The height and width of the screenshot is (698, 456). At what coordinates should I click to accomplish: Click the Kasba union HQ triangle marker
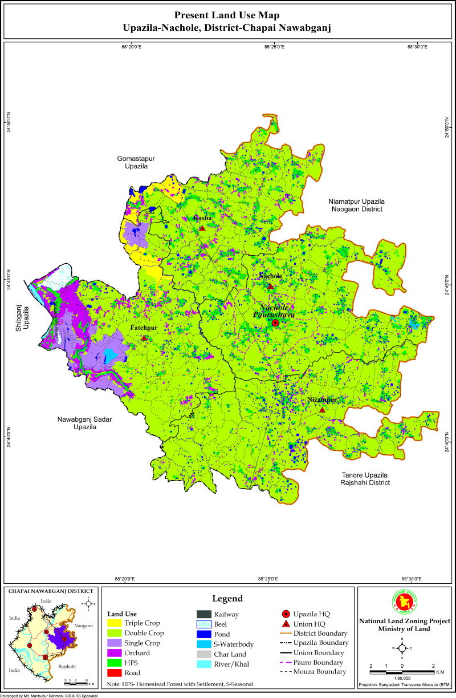[202, 228]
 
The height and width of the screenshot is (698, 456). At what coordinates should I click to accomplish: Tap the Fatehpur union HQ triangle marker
[144, 338]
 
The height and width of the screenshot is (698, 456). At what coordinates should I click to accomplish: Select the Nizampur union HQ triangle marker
[322, 410]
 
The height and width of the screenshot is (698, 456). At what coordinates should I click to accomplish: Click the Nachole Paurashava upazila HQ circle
[275, 322]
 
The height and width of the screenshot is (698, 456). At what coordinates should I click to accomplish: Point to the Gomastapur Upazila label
[136, 162]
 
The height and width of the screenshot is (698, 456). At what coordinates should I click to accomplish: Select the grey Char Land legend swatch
[203, 654]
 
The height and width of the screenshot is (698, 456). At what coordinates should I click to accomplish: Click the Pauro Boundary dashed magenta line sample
[286, 663]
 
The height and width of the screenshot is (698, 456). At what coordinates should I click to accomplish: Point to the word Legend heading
[228, 599]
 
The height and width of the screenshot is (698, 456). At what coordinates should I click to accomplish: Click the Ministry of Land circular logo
[402, 601]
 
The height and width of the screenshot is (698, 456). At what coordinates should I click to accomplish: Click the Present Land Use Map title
[227, 15]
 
